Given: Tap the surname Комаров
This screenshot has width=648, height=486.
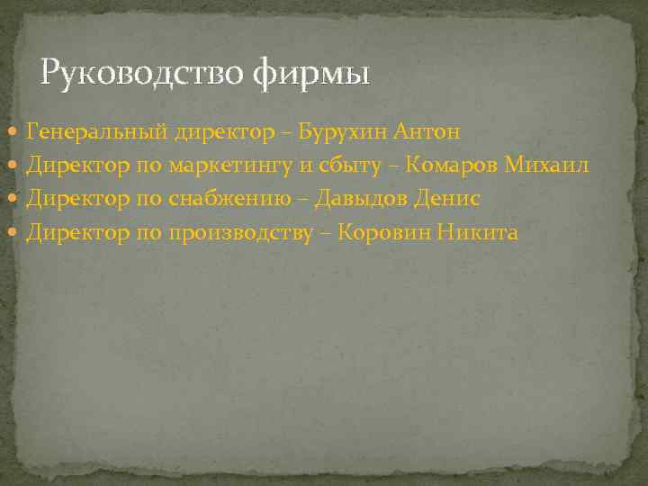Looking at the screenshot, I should [x=452, y=166].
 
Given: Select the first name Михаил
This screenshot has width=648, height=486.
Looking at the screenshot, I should [x=546, y=166].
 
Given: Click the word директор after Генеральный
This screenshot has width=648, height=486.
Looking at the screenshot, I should [x=216, y=132].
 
